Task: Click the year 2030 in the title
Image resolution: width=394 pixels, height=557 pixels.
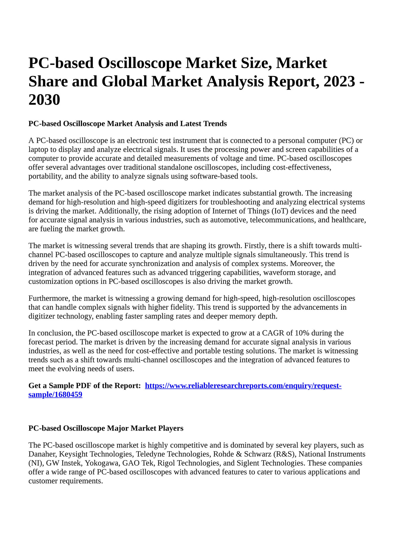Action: coord(44,100)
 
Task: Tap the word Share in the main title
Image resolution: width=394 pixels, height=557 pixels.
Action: coord(48,81)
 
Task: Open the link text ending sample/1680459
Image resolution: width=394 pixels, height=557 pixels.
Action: coord(55,395)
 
